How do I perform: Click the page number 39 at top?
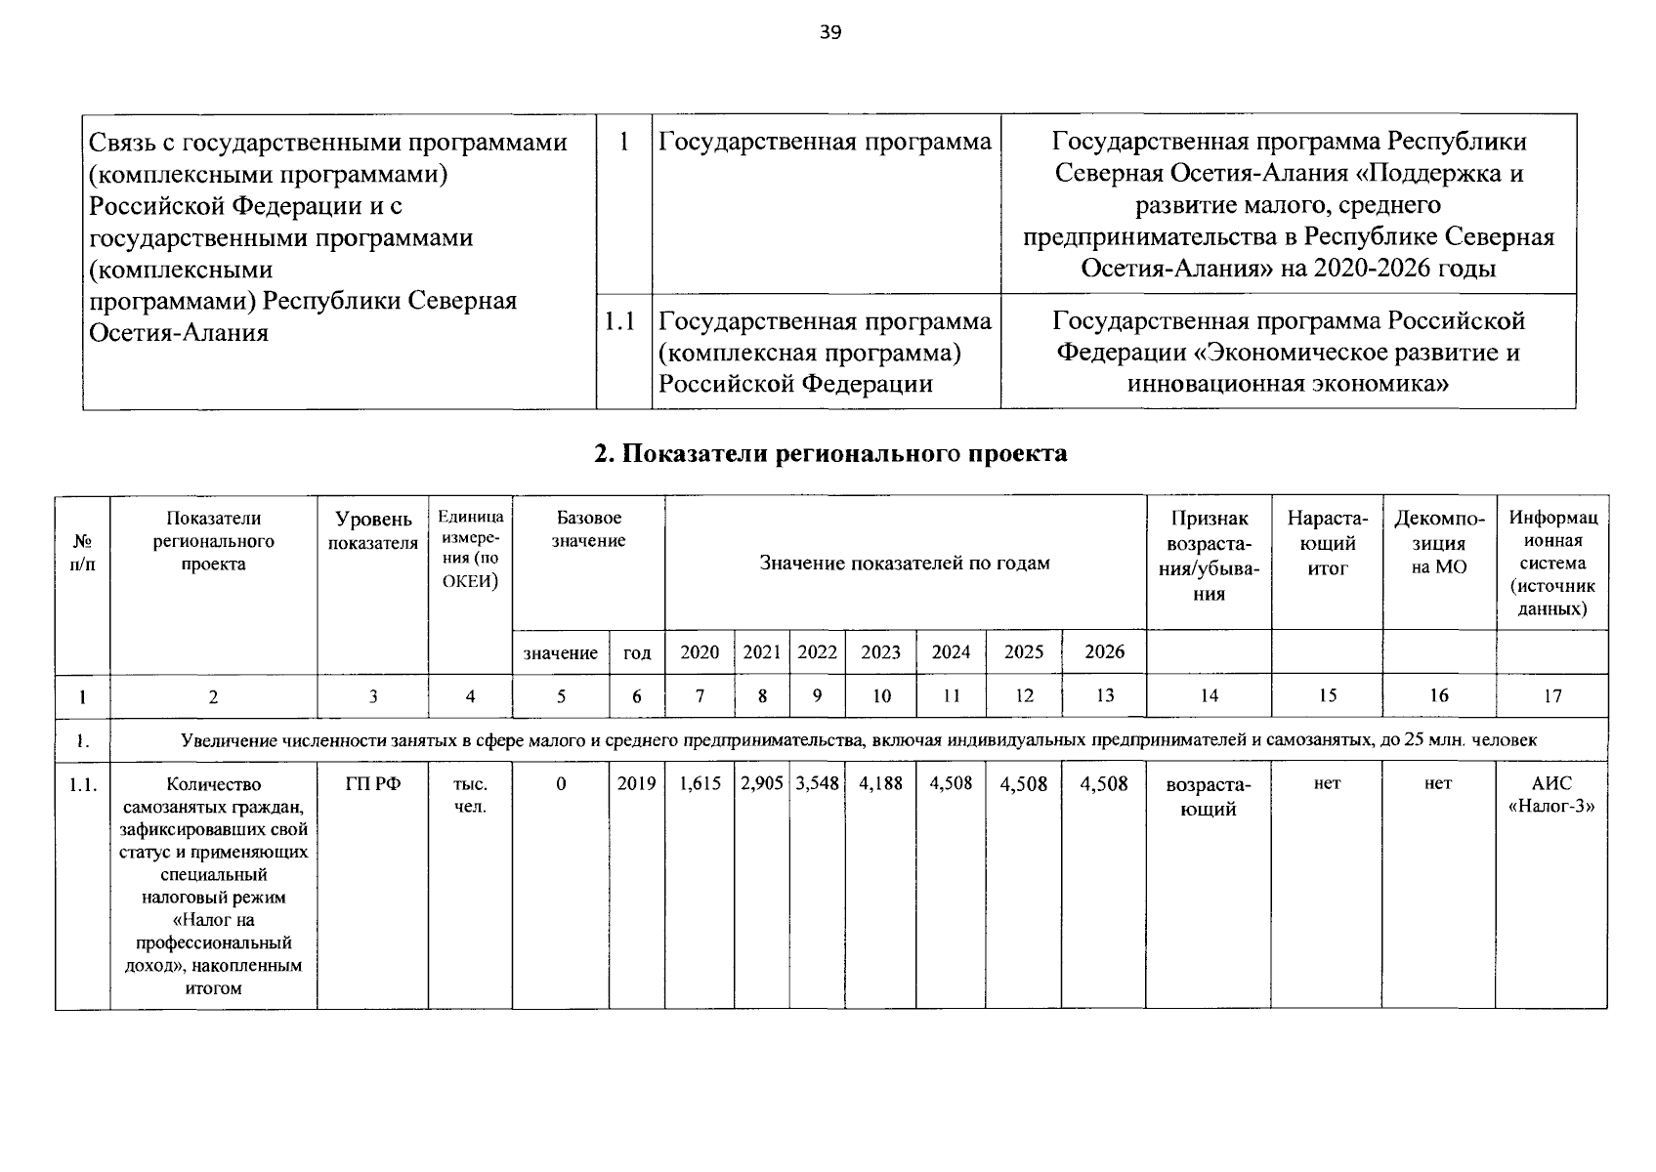point(829,33)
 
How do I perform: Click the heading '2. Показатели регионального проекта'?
point(830,453)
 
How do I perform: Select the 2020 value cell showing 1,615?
point(700,784)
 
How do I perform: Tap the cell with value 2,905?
point(762,784)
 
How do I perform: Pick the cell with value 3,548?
point(818,784)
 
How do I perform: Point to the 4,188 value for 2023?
point(880,784)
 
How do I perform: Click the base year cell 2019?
point(637,784)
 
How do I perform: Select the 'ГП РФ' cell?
point(373,784)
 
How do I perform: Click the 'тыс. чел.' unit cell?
point(471,796)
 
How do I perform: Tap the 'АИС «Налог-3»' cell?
point(1551,796)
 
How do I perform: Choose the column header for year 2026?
point(1104,652)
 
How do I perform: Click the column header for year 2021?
point(762,652)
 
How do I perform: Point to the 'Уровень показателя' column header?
point(373,531)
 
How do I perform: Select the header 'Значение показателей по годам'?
point(905,564)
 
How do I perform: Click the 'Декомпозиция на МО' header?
point(1438,542)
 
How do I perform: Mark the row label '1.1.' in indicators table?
point(83,784)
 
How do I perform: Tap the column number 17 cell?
point(1551,696)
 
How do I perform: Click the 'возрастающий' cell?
point(1209,796)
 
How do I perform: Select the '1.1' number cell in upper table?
point(621,321)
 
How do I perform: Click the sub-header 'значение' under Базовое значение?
point(560,652)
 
